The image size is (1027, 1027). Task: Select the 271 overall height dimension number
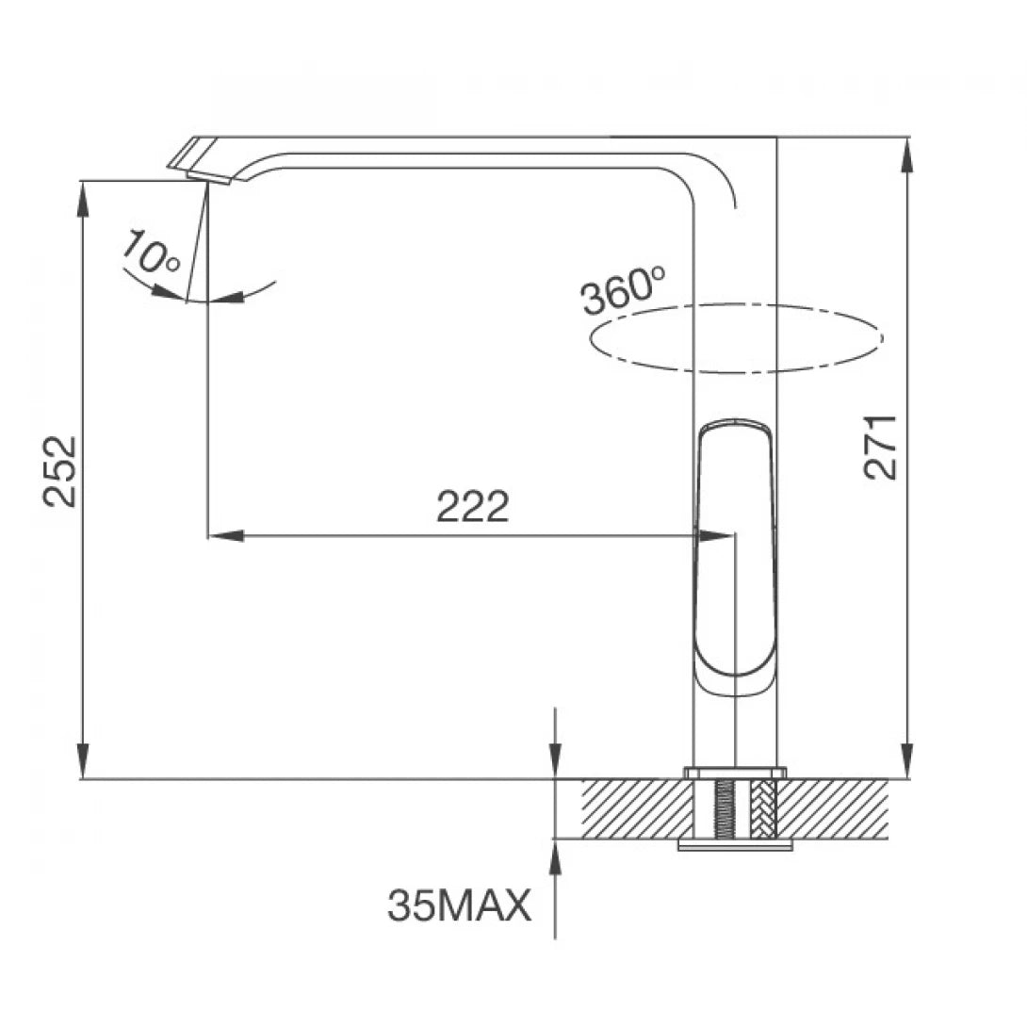tap(883, 447)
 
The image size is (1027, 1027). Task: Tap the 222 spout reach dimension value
tap(472, 508)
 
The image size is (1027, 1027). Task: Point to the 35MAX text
tap(459, 907)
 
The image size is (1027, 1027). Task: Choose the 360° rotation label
tap(623, 291)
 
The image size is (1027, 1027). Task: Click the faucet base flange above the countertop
tap(735, 773)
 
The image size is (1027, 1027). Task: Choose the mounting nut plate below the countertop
tap(735, 845)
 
